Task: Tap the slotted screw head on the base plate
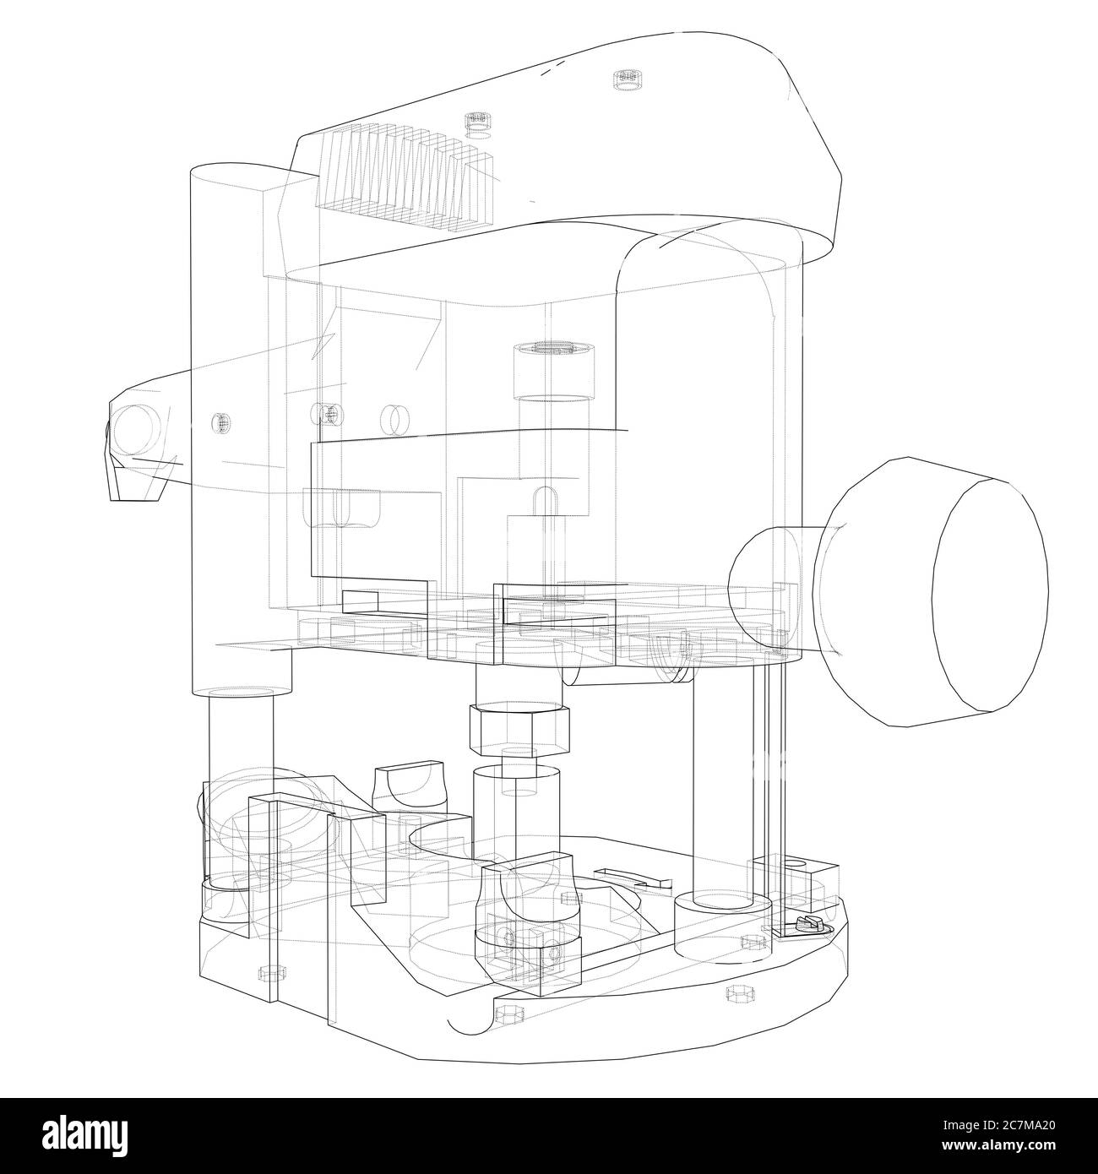[x=802, y=926]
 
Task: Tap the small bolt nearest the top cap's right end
[x=625, y=80]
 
